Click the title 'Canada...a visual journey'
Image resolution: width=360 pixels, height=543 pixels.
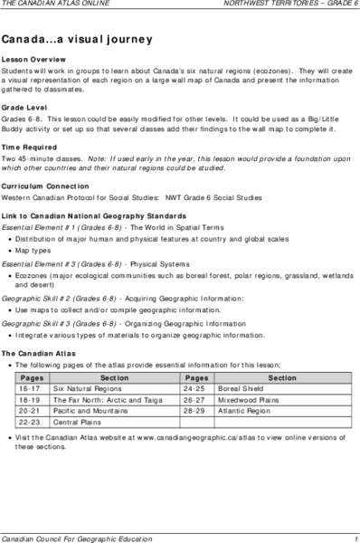coord(76,41)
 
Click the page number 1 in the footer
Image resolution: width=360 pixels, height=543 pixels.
coord(356,537)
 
